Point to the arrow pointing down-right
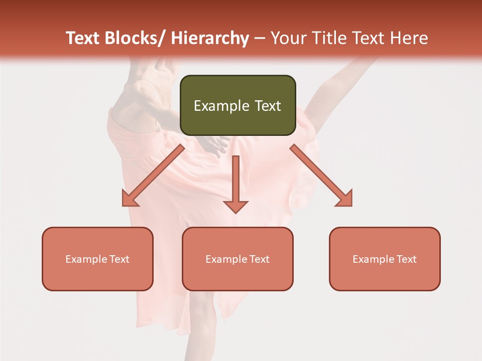(321, 175)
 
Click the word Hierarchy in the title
(210, 39)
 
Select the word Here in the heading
(409, 39)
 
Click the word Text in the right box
(406, 259)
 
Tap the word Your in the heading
(288, 39)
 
